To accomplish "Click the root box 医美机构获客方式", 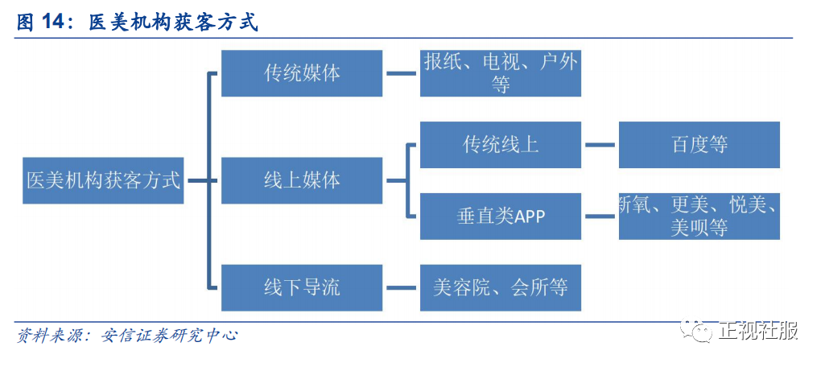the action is (103, 180).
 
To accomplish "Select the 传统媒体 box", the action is (302, 73).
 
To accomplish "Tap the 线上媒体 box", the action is (302, 180).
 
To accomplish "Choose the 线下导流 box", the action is (302, 287).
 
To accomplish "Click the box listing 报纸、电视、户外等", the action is (501, 73).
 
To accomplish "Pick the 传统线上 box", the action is (501, 145).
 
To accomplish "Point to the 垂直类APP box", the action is (501, 216).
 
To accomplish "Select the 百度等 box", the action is (699, 145).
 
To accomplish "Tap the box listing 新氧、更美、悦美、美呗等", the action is (699, 216).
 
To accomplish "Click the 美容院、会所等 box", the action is (501, 287).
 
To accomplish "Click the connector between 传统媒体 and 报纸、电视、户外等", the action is (402, 73).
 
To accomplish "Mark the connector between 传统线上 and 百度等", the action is (600, 145).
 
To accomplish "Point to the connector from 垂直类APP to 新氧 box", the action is (600, 216).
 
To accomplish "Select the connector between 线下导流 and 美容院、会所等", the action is (402, 287).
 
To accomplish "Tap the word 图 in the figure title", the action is (25, 23).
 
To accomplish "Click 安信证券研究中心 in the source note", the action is (169, 335).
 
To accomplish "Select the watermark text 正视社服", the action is (759, 331).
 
